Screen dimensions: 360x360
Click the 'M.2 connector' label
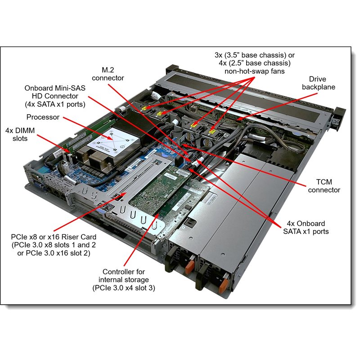(108, 74)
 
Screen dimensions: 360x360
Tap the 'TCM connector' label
(322, 186)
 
